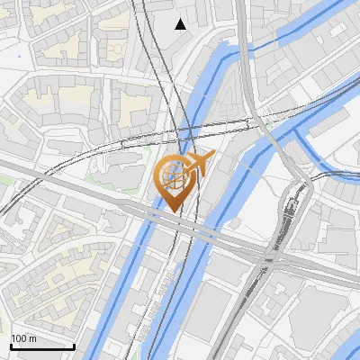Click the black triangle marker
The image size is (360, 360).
point(181,23)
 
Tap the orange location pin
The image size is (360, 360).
point(175,180)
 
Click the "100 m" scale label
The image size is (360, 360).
point(24,338)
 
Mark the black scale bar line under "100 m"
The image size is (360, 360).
point(42,346)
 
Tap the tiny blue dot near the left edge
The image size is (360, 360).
point(18,55)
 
